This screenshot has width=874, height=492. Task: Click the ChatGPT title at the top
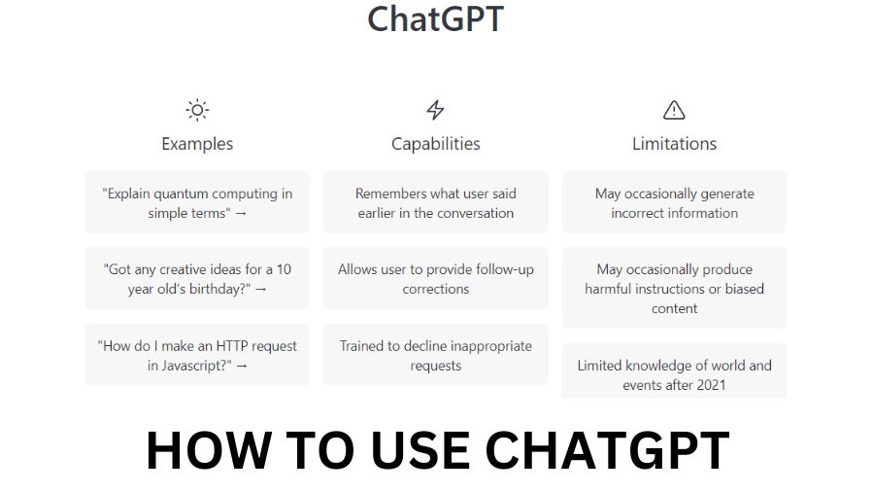435,18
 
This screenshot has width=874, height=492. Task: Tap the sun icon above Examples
197,110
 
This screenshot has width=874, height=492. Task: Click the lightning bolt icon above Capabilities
435,110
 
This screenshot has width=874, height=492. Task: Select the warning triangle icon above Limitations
674,110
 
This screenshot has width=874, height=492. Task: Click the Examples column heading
197,144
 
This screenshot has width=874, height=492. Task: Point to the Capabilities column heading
435,144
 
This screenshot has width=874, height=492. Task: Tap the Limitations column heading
674,144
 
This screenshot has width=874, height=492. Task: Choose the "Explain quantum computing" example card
197,202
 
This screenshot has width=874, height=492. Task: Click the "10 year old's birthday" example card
197,278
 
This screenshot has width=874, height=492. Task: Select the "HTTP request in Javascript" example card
197,355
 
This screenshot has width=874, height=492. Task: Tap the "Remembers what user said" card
435,202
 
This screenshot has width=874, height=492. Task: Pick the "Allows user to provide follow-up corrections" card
435,278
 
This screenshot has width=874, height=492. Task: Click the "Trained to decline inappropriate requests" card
435,355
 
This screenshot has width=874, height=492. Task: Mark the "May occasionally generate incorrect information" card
674,202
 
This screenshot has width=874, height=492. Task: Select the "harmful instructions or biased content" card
674,288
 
